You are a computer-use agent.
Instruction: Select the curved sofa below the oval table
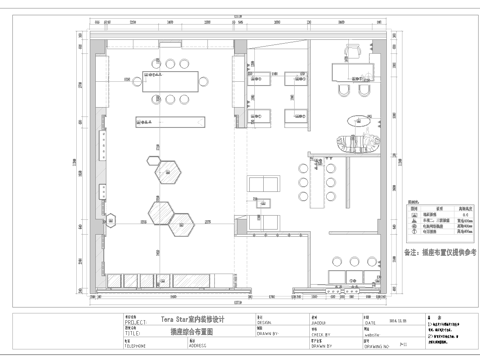coord(359,145)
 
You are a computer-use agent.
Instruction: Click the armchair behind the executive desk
coord(356,50)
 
